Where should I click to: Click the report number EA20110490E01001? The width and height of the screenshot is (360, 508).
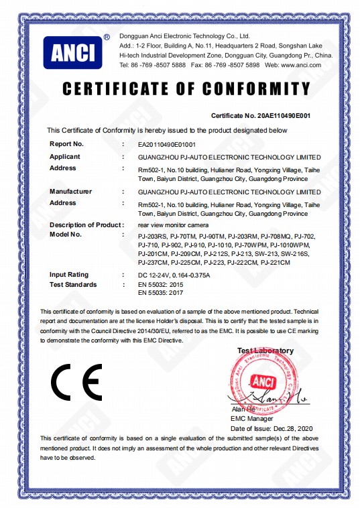(x=166, y=143)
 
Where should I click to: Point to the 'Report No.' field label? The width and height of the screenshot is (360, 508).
(x=67, y=143)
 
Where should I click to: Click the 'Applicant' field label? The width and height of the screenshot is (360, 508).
(x=65, y=156)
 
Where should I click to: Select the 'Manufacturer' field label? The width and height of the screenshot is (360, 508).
(x=70, y=192)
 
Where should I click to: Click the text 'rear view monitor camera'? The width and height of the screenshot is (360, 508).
(x=174, y=224)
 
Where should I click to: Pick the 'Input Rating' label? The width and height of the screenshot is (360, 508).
(x=70, y=275)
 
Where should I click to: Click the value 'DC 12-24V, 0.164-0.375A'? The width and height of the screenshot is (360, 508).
(x=174, y=275)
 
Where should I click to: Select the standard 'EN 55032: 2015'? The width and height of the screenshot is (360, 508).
(x=160, y=285)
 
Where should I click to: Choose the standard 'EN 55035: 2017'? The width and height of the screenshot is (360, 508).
(x=160, y=294)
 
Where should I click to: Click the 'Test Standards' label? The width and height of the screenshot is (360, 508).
(x=73, y=285)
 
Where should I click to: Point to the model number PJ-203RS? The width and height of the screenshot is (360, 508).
(x=151, y=237)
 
